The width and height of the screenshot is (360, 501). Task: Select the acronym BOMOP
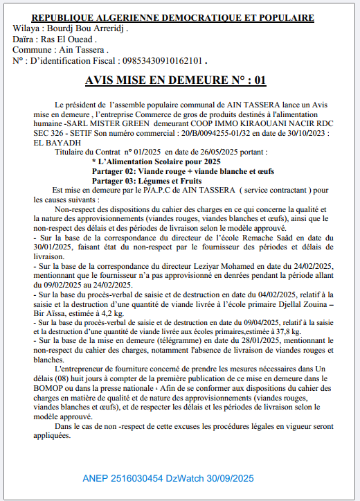click(49, 392)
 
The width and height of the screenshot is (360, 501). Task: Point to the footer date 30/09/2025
click(232, 478)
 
